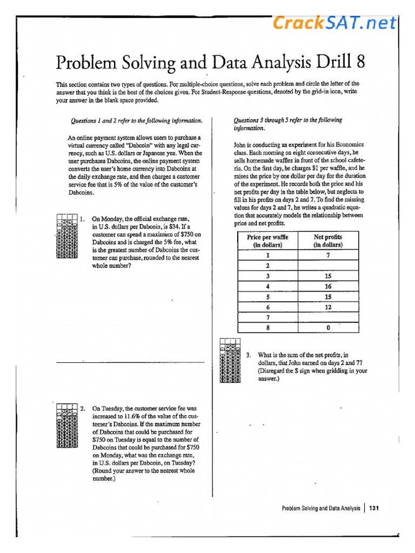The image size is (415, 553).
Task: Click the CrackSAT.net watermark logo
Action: point(334,23)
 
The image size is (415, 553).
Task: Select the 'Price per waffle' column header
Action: point(267,241)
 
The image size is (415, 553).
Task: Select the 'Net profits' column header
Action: point(328,241)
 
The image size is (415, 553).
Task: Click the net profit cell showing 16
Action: point(328,287)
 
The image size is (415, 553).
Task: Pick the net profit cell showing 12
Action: point(328,307)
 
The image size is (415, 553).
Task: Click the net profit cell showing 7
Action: point(328,255)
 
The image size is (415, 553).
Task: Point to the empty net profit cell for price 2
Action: point(328,266)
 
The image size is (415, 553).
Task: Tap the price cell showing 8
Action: point(267,327)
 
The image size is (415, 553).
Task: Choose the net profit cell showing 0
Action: point(328,327)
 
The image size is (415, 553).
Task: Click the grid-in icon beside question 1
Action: point(66,237)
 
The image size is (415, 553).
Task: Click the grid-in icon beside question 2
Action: point(66,426)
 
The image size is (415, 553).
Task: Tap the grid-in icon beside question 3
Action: point(231,361)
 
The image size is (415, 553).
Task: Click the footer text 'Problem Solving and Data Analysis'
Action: point(321,508)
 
